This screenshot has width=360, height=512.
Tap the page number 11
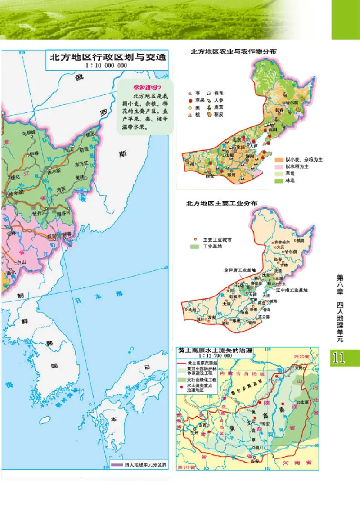coord(338,358)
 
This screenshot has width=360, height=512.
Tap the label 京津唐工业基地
coord(239,270)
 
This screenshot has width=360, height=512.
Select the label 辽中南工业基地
coord(293,290)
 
